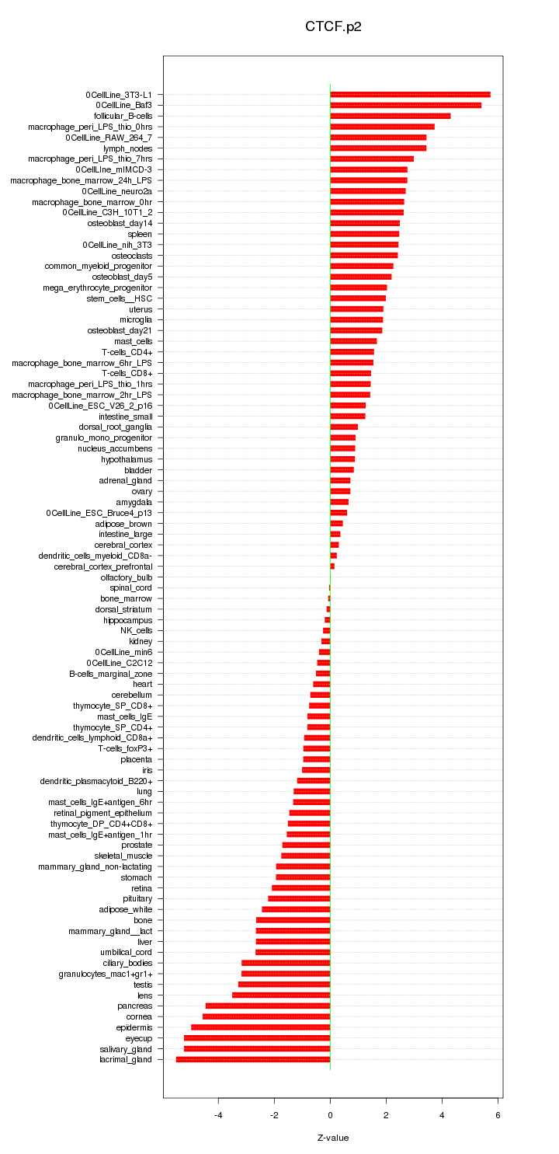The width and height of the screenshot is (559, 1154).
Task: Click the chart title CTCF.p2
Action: point(333,27)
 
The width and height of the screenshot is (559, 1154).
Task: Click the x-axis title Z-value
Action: point(333,1138)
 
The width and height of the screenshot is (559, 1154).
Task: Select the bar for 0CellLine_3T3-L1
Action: point(410,95)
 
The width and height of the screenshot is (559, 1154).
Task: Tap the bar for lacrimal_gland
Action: point(253,1059)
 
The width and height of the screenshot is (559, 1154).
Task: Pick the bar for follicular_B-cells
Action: point(391,116)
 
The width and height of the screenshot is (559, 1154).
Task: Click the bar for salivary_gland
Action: point(257,1049)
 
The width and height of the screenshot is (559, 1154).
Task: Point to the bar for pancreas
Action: point(268,1006)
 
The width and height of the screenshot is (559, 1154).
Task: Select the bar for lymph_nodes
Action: point(378,148)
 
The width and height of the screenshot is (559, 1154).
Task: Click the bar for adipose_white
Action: point(296,909)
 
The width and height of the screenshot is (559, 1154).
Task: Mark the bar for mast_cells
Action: point(353,341)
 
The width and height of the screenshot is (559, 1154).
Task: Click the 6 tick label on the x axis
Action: point(498,1116)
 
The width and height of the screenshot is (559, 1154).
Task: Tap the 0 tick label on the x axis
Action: point(331,1116)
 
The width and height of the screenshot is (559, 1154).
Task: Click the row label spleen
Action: point(140,234)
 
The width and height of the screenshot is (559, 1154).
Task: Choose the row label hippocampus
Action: point(128,620)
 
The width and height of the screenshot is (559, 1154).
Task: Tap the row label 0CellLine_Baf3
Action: point(124,106)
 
